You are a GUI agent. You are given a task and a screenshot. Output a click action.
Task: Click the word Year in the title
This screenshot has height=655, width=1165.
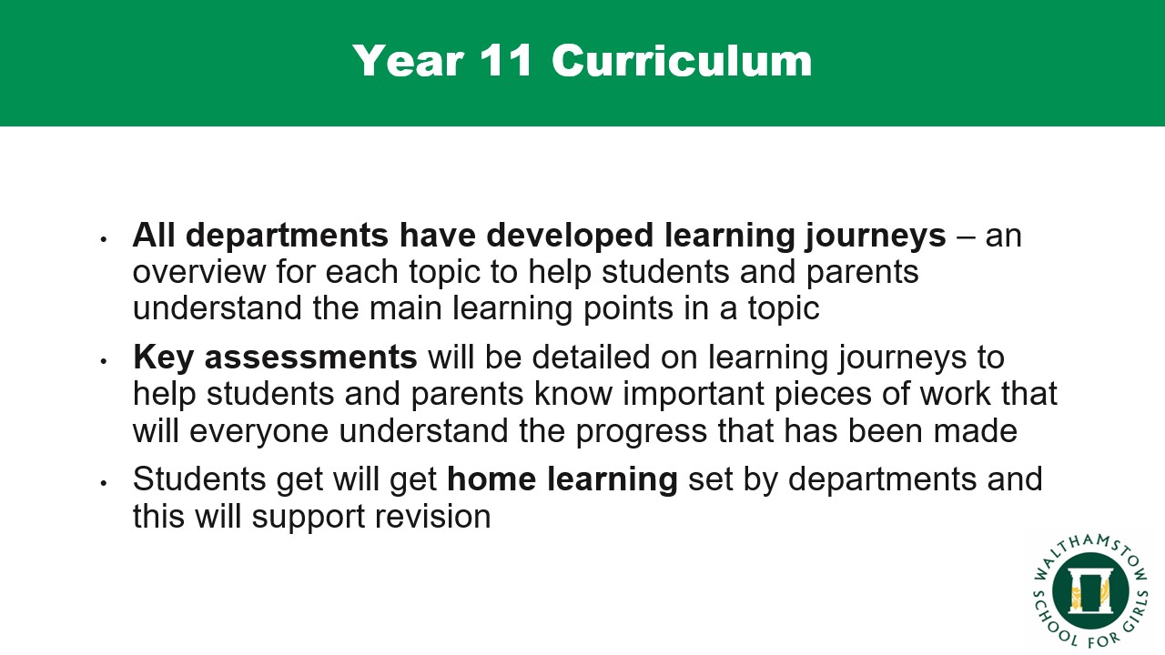click(408, 61)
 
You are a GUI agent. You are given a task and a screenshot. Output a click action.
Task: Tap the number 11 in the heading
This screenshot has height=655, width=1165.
click(505, 61)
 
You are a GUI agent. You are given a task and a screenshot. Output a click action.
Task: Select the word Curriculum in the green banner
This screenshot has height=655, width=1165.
click(682, 61)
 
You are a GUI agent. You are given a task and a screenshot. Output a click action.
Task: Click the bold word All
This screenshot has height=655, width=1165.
click(154, 235)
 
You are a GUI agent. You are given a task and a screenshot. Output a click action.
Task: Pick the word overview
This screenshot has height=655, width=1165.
click(198, 272)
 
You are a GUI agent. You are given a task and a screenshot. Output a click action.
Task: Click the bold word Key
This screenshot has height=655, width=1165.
click(163, 358)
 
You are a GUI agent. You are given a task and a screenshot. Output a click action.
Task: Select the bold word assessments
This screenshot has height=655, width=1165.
click(310, 358)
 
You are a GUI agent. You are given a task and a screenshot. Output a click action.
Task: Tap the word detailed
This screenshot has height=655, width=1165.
click(591, 358)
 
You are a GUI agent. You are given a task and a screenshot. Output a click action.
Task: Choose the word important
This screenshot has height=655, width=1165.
click(693, 395)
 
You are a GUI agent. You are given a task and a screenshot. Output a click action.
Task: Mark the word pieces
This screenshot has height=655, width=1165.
click(823, 395)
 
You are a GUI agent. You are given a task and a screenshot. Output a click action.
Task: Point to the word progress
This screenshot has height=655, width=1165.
click(642, 432)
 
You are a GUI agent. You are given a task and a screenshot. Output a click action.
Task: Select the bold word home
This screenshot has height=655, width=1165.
click(491, 479)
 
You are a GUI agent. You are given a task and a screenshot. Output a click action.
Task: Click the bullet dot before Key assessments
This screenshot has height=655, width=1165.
click(104, 361)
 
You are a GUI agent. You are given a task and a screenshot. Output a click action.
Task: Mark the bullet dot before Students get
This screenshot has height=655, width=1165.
click(104, 483)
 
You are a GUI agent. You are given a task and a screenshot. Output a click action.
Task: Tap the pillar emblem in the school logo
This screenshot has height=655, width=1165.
click(1089, 591)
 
